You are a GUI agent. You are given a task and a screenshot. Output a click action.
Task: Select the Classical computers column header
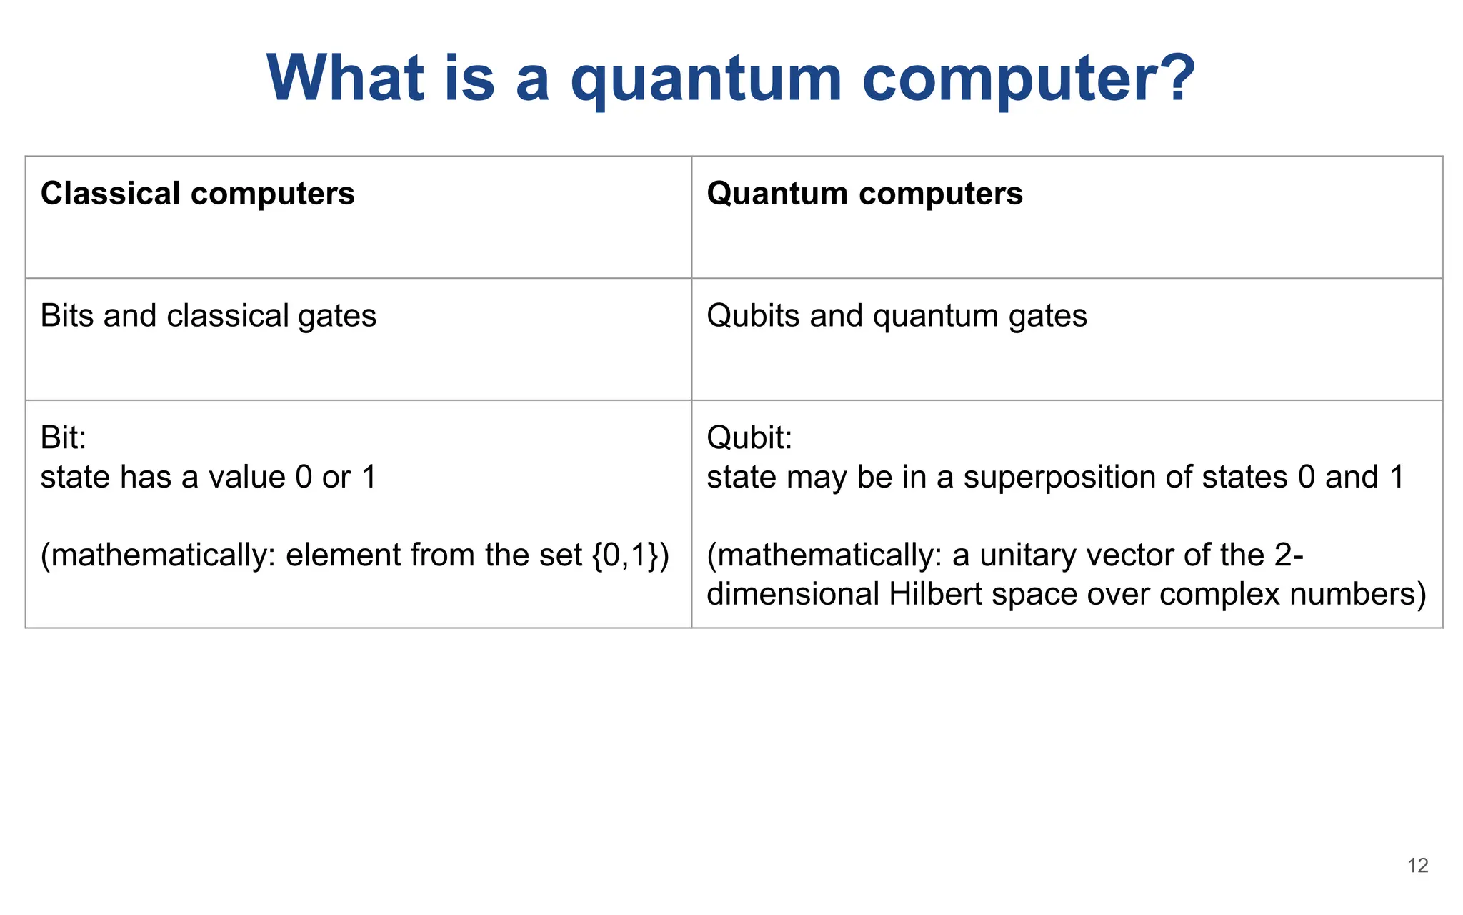point(197,194)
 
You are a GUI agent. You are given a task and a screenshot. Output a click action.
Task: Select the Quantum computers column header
point(864,194)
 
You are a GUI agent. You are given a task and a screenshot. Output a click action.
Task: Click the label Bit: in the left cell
point(64,437)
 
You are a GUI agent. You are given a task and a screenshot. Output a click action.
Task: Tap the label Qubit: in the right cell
point(749,437)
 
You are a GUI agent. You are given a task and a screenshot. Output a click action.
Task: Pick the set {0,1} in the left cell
point(626,555)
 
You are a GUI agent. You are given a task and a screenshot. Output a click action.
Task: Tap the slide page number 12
point(1417,866)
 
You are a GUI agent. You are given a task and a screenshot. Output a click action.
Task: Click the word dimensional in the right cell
point(792,595)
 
